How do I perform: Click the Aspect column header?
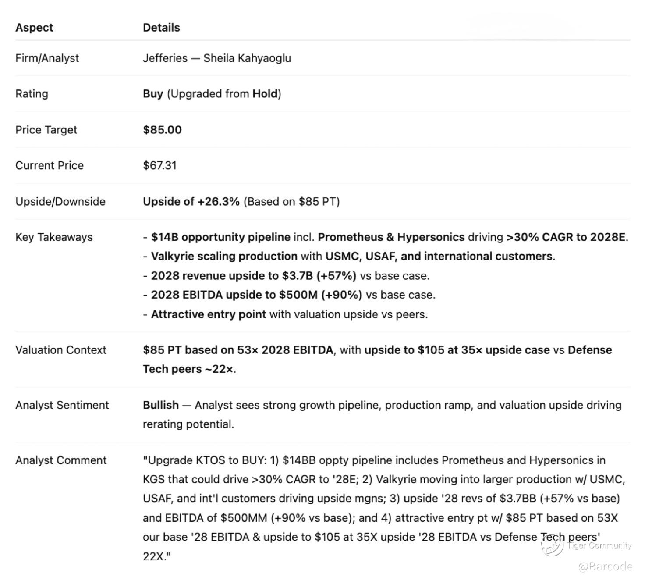pos(34,28)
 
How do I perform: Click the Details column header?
pos(161,28)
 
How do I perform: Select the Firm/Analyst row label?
pos(47,58)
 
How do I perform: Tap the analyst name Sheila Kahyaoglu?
pos(247,58)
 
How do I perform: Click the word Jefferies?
pos(165,58)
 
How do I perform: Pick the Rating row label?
pos(32,94)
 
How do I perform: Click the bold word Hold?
pos(265,94)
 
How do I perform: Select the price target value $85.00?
pos(162,130)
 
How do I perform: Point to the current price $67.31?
pos(159,166)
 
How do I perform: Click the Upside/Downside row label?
pos(60,202)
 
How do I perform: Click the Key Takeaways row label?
pos(54,237)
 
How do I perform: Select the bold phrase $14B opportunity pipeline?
pos(220,237)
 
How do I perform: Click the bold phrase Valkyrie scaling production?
pos(224,256)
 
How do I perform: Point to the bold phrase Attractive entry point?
pos(208,314)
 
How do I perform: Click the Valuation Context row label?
pos(61,350)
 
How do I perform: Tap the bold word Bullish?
pos(161,405)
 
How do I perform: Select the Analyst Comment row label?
pos(61,460)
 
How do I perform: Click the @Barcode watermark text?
pos(605,567)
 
